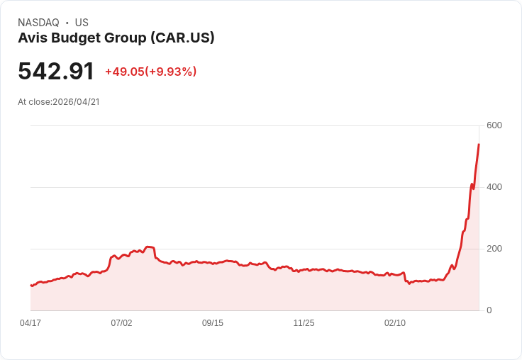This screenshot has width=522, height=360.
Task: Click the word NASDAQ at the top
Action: pos(38,23)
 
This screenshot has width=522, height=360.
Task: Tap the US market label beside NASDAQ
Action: pos(82,23)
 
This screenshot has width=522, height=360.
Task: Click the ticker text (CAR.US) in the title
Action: pos(182,38)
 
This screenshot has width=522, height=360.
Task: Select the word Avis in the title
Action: pos(32,38)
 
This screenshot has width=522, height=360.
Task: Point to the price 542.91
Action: pos(56,72)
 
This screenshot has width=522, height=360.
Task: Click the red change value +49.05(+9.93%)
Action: pos(150,72)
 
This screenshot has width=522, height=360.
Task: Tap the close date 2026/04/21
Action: pos(76,101)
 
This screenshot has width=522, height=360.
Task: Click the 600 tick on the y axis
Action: pos(494,125)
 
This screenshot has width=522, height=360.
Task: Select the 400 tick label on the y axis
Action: pos(494,187)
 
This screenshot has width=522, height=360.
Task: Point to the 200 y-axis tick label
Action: pos(494,249)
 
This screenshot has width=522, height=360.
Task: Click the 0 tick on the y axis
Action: pos(489,310)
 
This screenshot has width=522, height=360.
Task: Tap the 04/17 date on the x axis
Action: pos(30,323)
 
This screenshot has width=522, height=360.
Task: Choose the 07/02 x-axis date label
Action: pos(121,323)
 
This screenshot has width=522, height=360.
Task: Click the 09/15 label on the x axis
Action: pos(213,323)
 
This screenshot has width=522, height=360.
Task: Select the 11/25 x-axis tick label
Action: pos(304,323)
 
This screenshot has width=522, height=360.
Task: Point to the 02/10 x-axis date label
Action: pos(395,323)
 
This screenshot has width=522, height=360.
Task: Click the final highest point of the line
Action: pos(479,145)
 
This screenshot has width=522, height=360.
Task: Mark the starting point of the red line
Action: pos(31,286)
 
